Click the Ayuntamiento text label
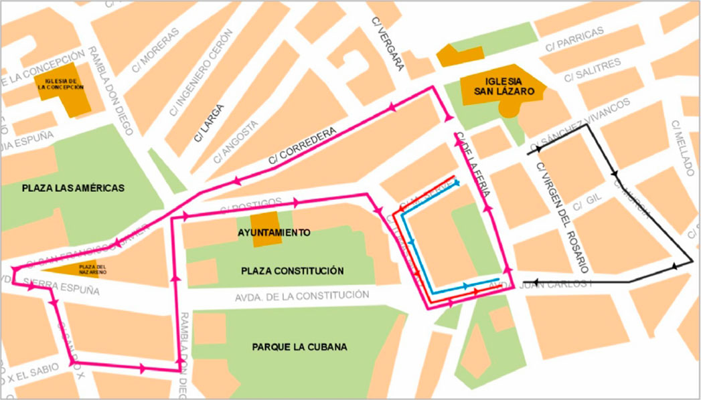(x=274, y=233)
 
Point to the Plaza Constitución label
(x=292, y=271)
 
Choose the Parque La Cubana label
(x=300, y=347)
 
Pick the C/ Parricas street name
(x=576, y=39)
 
